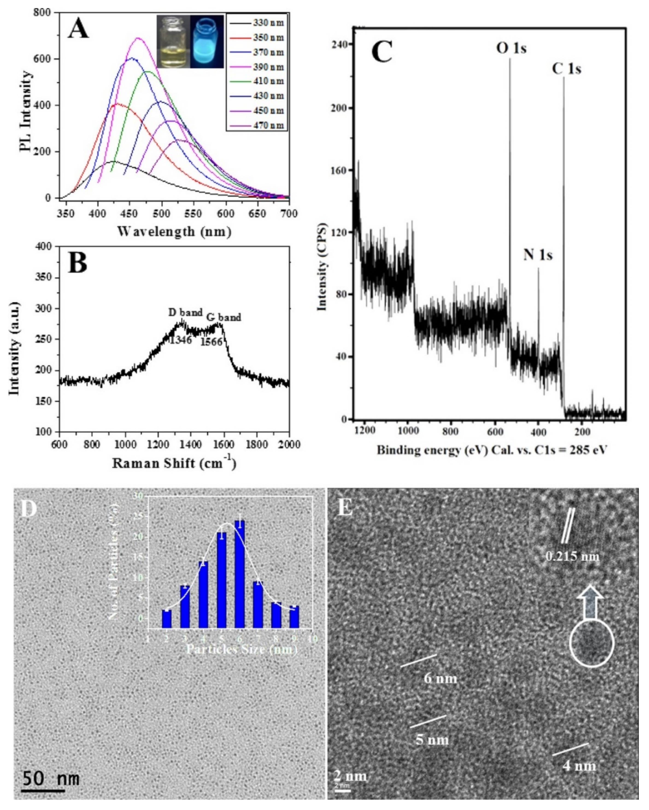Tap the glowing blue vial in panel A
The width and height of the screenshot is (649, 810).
tap(207, 41)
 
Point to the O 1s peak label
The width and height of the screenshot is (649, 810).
tap(511, 48)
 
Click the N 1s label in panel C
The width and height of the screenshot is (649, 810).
tap(538, 255)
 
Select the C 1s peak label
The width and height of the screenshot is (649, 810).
tap(566, 70)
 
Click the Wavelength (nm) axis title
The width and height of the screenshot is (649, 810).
tap(174, 232)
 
